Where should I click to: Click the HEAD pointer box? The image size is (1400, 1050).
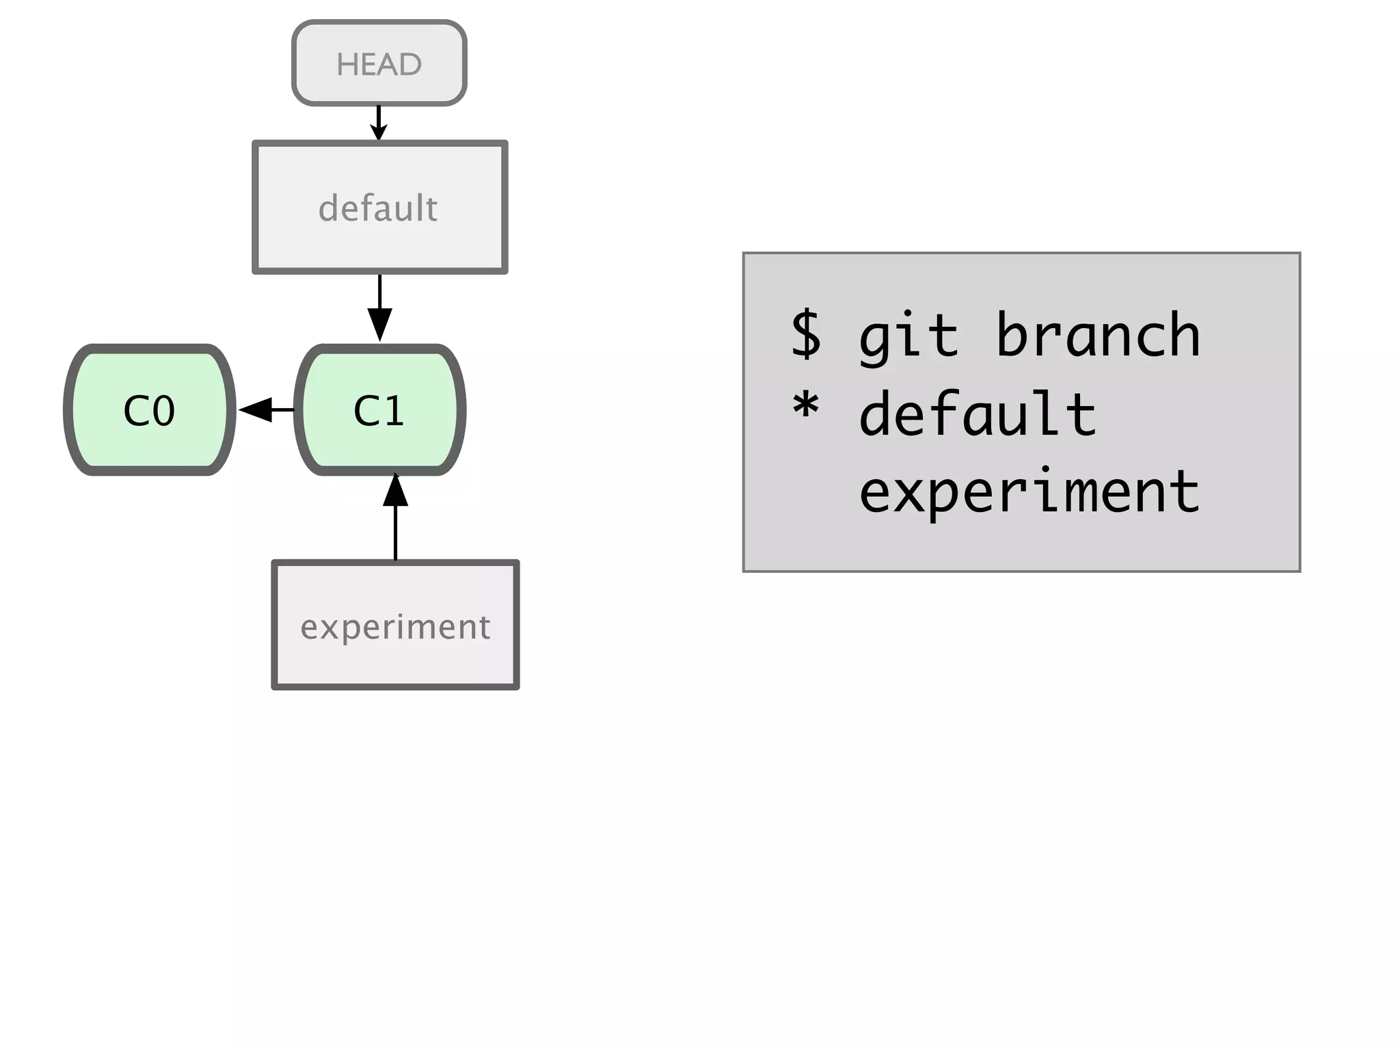pos(379,63)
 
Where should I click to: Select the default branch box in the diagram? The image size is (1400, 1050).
pos(379,208)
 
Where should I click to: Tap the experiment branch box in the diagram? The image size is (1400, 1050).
pos(395,625)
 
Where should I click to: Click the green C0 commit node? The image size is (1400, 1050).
pos(150,410)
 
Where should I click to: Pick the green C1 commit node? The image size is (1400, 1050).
pos(380,410)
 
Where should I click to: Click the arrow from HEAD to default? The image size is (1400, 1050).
pos(379,122)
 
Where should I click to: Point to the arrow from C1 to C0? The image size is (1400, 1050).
pos(267,409)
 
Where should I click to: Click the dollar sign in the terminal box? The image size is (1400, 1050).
pos(806,334)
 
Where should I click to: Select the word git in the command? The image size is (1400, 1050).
pos(908,336)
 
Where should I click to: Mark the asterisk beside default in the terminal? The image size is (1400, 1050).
pos(806,407)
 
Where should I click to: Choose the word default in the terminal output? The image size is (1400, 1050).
pos(978,414)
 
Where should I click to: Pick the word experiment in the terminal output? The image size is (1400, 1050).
pos(1029,492)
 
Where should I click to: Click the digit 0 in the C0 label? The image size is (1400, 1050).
pos(163,411)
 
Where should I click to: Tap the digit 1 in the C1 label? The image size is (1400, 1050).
pos(394,411)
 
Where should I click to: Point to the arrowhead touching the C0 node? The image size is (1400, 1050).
pos(255,409)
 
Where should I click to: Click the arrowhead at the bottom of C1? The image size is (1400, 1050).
pos(395,489)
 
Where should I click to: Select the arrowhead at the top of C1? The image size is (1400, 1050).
pos(379,325)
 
